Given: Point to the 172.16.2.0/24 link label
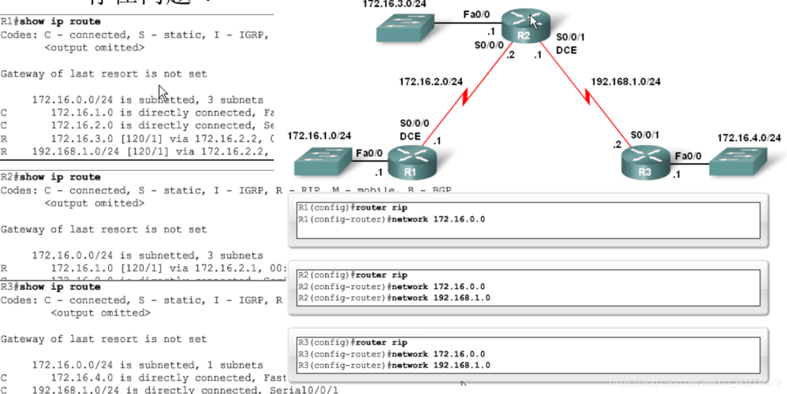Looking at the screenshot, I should (x=430, y=81).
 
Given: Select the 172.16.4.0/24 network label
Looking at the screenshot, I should (x=748, y=138).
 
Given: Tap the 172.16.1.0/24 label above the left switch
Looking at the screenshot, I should (x=319, y=136).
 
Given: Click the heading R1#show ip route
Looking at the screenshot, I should (x=50, y=21).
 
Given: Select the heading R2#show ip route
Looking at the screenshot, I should (x=50, y=177).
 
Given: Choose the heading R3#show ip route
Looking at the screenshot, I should (x=50, y=287).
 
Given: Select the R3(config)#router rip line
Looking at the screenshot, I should (x=352, y=343).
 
